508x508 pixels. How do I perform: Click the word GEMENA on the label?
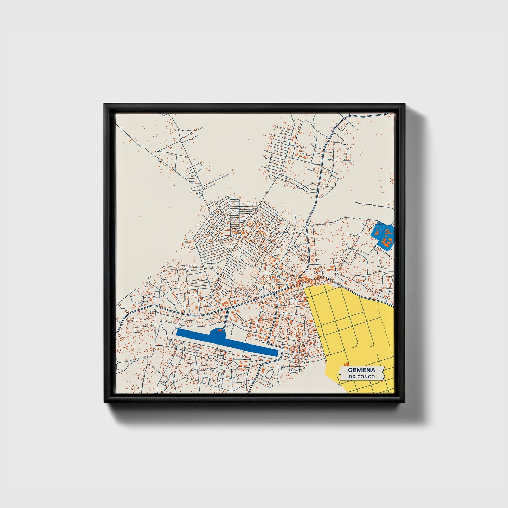pos(361,370)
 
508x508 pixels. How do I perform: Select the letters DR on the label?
pos(352,377)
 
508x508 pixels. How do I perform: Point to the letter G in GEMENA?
pos(350,370)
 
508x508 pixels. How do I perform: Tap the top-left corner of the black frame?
pos(105,105)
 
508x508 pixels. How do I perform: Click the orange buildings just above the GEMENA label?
pos(346,364)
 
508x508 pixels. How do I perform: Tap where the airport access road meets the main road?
pos(228,309)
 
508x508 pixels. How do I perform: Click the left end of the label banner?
pos(340,373)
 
